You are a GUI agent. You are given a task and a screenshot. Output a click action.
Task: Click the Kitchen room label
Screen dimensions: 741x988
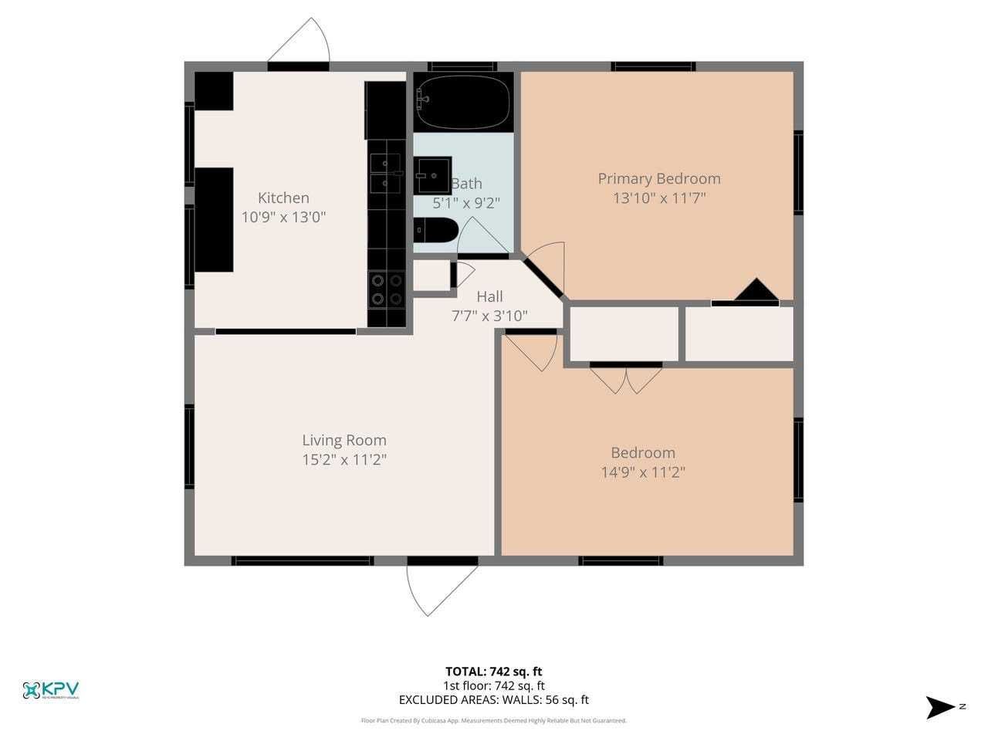pos(283,198)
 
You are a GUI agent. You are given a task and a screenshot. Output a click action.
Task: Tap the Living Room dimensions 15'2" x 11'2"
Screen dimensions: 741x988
pos(344,460)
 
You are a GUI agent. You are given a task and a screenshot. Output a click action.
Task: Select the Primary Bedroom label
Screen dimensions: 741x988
pos(659,178)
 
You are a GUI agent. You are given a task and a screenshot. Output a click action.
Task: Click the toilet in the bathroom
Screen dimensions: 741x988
pos(435,232)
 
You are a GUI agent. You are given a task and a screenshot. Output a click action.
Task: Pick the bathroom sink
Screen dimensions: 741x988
pos(432,175)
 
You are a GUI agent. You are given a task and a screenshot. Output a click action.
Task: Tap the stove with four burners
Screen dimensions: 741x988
pos(386,289)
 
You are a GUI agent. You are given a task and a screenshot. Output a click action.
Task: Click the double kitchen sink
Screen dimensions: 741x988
pos(385,174)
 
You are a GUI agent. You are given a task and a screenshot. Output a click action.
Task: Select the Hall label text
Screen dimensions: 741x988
pos(489,296)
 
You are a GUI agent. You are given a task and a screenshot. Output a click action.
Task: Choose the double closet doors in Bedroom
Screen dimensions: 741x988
pos(626,378)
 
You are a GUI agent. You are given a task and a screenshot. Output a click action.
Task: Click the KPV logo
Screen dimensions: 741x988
pos(51,689)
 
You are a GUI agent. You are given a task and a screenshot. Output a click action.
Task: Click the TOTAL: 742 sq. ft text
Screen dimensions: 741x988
pos(493,672)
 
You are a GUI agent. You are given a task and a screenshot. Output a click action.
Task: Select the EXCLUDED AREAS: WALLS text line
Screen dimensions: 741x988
pos(493,700)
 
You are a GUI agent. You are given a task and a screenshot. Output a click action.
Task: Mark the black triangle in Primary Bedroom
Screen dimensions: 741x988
pos(756,290)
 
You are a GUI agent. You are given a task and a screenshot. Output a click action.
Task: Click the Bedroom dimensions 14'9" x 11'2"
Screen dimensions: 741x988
pos(643,472)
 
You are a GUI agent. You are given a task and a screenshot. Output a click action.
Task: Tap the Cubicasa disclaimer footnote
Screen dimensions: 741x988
pos(493,721)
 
